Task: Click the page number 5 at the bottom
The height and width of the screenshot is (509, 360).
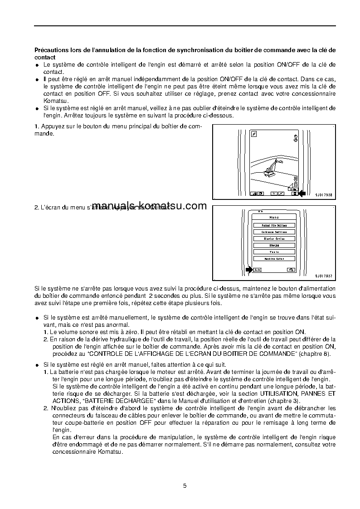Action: [x=185, y=486]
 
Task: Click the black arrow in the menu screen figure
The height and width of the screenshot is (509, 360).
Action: [x=249, y=269]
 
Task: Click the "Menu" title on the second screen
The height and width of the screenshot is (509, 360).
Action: [x=274, y=218]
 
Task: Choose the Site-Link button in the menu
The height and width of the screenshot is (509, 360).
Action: [x=274, y=245]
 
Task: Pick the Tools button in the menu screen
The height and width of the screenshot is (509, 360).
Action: [x=274, y=252]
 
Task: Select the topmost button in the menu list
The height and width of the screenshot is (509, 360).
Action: [x=274, y=225]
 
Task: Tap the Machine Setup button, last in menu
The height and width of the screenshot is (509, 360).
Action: [x=274, y=259]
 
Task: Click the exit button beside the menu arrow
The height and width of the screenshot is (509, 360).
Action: [x=257, y=270]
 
